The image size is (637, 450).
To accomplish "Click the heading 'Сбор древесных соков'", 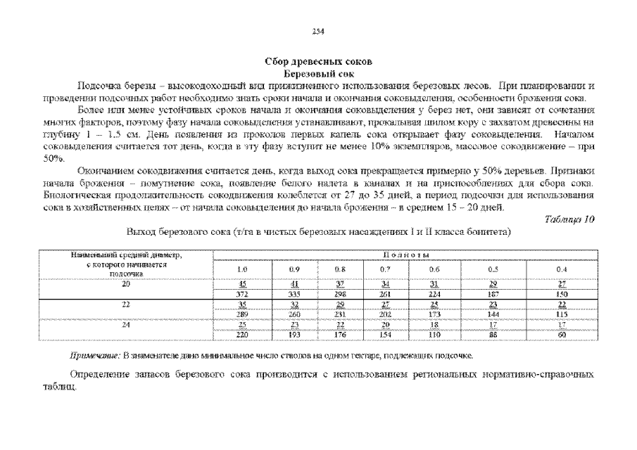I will pyautogui.click(x=318, y=63).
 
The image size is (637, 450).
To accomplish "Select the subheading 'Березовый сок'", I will pyautogui.click(x=318, y=73).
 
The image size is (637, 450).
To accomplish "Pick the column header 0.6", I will pyautogui.click(x=434, y=269).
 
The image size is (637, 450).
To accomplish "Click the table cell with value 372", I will pyautogui.click(x=244, y=295).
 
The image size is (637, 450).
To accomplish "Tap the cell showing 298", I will pyautogui.click(x=341, y=295).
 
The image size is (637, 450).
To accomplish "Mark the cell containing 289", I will pyautogui.click(x=244, y=314).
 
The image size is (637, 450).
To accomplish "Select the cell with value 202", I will pyautogui.click(x=385, y=314).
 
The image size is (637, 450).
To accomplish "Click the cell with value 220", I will pyautogui.click(x=244, y=335).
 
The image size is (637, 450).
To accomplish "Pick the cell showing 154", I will pyautogui.click(x=385, y=335).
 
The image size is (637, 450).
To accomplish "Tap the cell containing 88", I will pyautogui.click(x=493, y=335).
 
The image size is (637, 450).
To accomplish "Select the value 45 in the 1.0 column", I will pyautogui.click(x=244, y=284).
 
